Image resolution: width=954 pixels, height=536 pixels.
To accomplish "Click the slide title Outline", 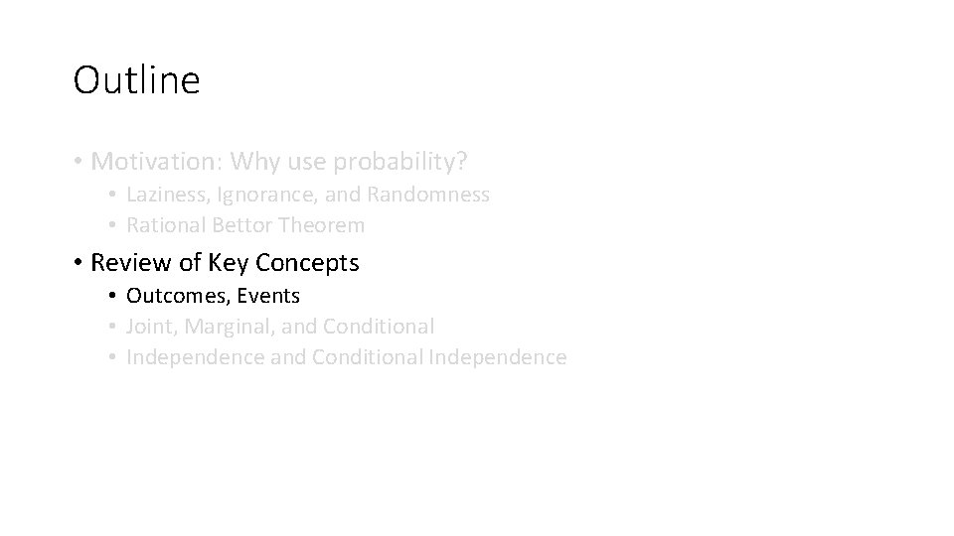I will (136, 80).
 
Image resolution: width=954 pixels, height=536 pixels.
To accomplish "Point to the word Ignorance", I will (251, 195).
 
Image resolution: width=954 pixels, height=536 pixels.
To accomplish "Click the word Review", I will (123, 263).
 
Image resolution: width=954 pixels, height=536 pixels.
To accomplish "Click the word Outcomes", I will (171, 296).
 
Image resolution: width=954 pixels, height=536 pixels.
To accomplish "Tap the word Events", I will (268, 296).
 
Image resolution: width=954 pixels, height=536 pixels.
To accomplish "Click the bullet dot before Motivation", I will (78, 161).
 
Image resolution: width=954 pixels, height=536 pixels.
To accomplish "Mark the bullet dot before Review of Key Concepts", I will (78, 264).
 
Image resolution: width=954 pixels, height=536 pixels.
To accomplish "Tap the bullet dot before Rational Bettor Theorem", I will (115, 226).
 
